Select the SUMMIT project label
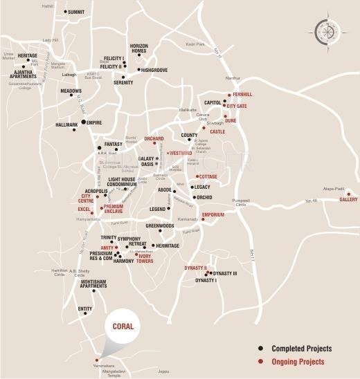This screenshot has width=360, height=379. click(x=81, y=12)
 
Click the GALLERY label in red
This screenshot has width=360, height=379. click(x=348, y=200)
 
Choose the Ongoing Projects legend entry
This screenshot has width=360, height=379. click(x=298, y=362)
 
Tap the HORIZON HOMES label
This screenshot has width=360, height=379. click(x=138, y=46)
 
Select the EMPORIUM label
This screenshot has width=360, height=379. click(x=213, y=214)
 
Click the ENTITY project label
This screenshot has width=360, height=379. click(x=84, y=308)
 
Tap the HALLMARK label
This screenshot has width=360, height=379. click(x=67, y=125)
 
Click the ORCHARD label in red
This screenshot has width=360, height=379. click(x=154, y=138)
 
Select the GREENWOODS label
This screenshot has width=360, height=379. click(x=159, y=225)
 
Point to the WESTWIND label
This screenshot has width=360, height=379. click(x=181, y=154)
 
